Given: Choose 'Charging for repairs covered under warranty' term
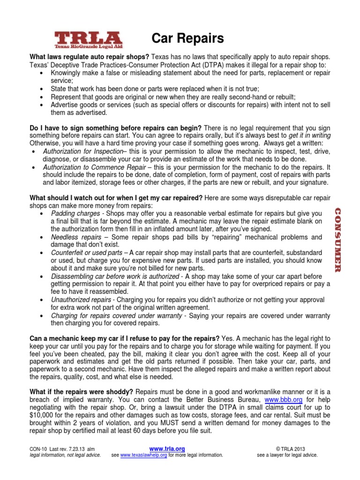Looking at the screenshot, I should point(116,315).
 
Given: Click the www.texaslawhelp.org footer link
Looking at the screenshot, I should point(143,455).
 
